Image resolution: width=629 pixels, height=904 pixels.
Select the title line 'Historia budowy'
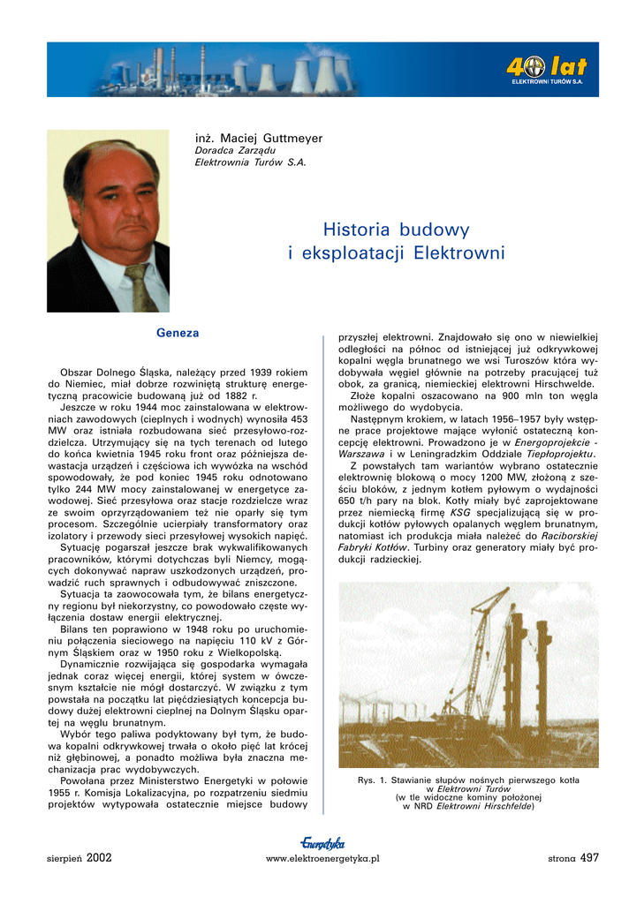[396, 230]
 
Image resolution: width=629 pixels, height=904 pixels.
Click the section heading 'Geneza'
[178, 333]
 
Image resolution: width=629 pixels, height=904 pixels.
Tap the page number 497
[590, 856]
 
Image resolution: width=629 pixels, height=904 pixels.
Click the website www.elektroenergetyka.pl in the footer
[322, 858]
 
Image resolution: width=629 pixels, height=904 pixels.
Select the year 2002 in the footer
[99, 857]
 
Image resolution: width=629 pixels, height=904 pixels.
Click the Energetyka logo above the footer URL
[322, 843]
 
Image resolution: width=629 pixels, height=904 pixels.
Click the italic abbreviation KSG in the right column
[460, 511]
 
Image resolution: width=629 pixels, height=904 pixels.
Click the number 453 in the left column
[299, 419]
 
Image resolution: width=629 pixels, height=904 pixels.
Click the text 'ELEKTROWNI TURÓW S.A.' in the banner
[553, 81]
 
